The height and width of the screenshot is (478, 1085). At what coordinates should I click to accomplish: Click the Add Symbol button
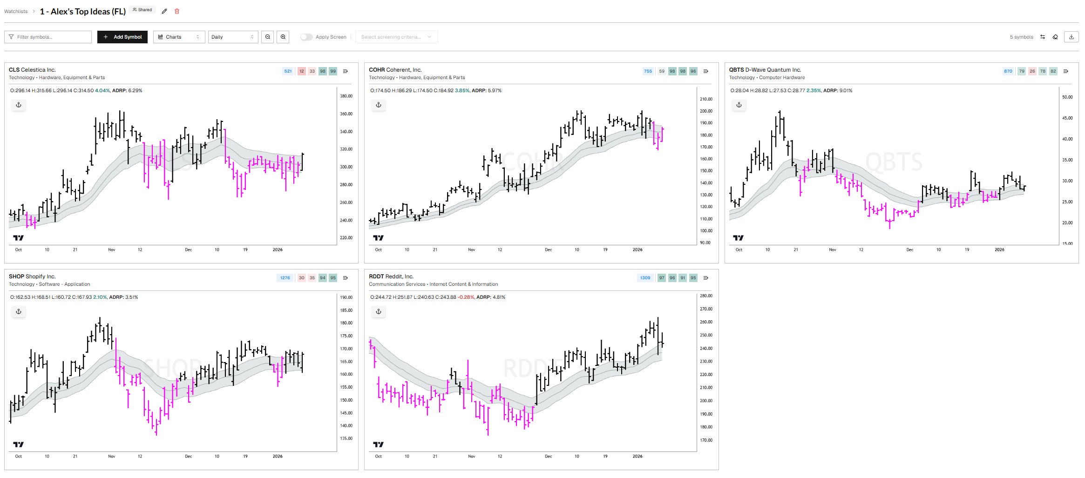click(122, 37)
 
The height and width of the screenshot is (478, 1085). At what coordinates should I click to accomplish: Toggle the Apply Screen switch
click(306, 37)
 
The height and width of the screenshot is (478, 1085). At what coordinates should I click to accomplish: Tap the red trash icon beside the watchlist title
click(177, 11)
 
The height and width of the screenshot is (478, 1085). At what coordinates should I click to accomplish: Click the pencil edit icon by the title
click(164, 11)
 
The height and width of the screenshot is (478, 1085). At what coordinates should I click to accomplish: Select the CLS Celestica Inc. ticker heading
click(32, 70)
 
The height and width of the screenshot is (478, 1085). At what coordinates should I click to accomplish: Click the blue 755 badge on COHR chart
click(648, 71)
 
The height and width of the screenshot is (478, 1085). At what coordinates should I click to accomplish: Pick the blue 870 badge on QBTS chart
click(1008, 71)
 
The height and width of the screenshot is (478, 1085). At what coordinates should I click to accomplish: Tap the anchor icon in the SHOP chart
click(19, 311)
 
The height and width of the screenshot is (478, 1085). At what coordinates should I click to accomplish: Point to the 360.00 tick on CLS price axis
click(346, 114)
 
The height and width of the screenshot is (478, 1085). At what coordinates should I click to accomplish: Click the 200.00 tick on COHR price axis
click(706, 111)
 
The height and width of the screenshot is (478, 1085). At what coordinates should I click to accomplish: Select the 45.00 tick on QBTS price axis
click(1067, 118)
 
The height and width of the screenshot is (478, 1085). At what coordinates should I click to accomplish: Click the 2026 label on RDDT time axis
click(637, 456)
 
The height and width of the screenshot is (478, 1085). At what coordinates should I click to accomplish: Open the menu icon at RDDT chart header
click(705, 278)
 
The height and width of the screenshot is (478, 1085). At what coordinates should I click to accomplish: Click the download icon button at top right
click(1071, 37)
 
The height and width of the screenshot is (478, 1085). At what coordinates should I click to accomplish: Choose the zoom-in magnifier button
click(283, 37)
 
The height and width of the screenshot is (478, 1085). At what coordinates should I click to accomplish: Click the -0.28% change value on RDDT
click(466, 297)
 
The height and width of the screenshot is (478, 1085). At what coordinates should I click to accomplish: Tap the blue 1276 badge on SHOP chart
click(285, 278)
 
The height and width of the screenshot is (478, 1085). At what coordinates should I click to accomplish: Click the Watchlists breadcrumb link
click(16, 11)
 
